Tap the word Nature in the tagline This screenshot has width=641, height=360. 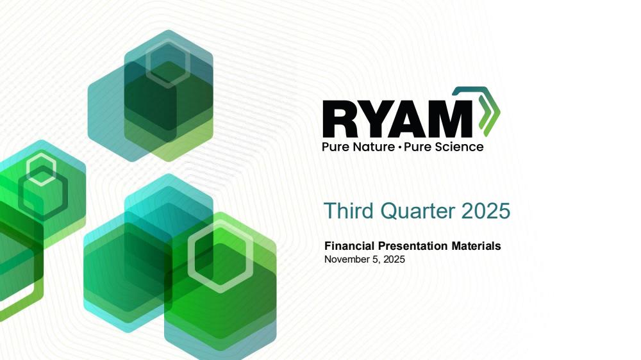tap(374, 147)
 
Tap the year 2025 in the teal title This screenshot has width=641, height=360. tap(486, 211)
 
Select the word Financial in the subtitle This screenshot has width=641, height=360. tap(349, 246)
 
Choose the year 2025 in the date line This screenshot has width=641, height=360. tap(394, 259)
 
